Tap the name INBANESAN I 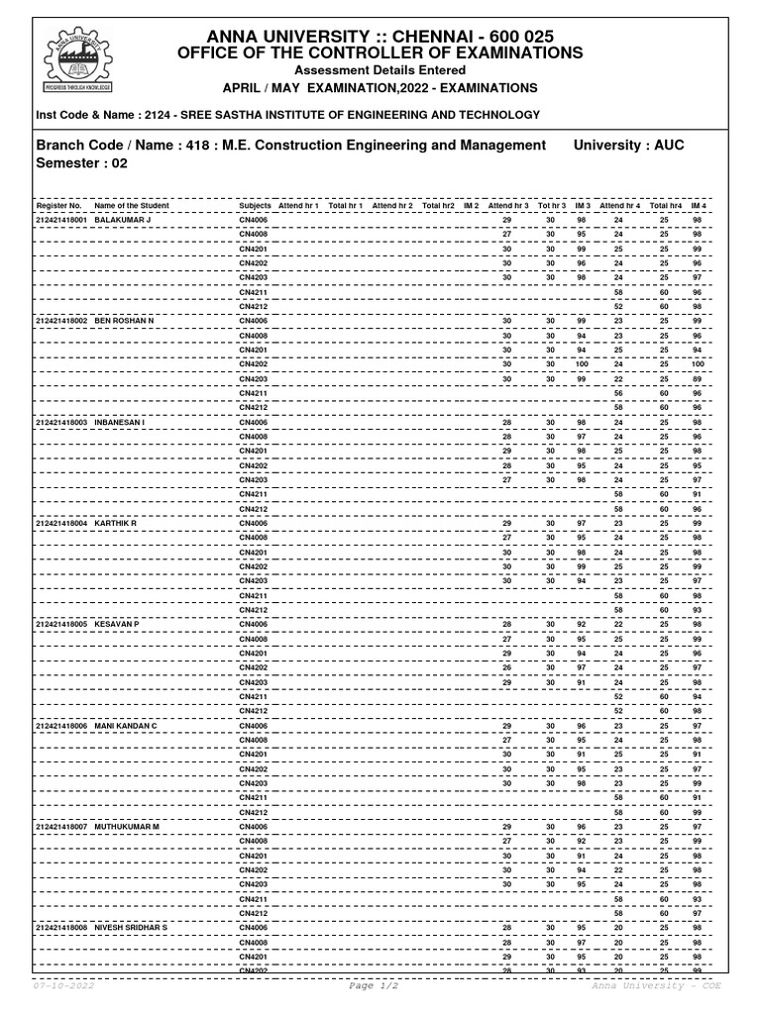point(119,422)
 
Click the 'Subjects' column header point(255,206)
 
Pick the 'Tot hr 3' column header point(551,206)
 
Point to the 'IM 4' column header point(699,206)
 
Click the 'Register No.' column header point(58,206)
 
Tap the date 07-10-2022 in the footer point(62,986)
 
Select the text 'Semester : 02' point(83,164)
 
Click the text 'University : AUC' point(629,145)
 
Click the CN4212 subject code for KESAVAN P point(253,711)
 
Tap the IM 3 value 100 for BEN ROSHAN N point(581,364)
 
